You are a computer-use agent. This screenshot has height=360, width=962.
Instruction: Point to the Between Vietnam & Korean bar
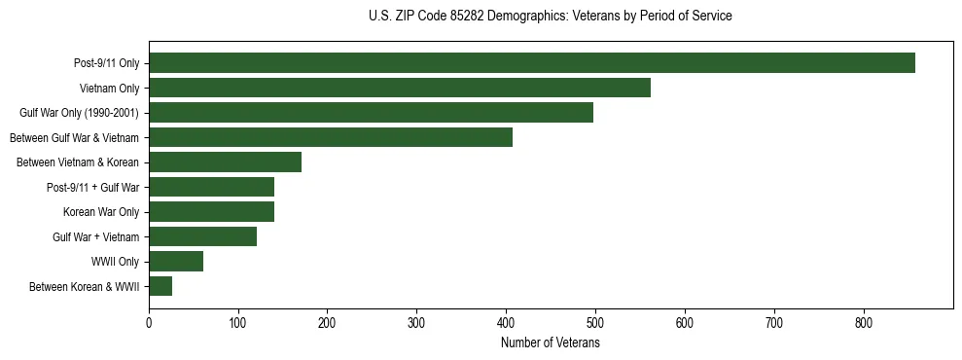click(x=225, y=162)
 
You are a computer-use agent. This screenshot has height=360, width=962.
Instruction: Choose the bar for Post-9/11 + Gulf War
click(x=211, y=187)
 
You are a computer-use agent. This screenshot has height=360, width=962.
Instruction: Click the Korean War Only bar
click(x=211, y=212)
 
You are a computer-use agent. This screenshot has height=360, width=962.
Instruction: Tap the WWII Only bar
click(x=176, y=262)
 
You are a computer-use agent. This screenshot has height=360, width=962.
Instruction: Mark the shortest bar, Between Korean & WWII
click(x=160, y=286)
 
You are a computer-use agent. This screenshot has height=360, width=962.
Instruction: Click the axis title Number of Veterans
click(x=550, y=342)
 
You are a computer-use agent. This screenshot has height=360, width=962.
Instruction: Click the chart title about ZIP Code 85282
click(x=550, y=17)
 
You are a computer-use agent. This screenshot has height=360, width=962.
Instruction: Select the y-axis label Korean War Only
click(x=101, y=212)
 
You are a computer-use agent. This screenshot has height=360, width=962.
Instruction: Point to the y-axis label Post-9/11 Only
click(x=106, y=63)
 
